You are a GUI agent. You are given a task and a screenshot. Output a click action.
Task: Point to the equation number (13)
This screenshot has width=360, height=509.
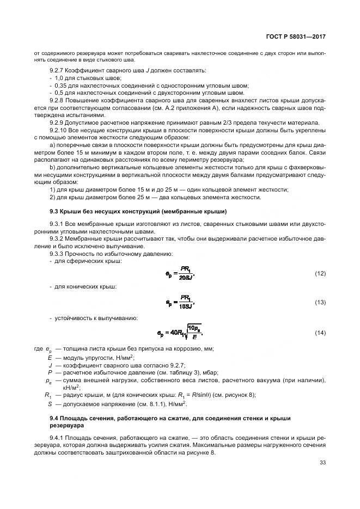[320, 302]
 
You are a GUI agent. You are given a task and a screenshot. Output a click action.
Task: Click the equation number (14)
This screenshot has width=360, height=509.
[320, 332]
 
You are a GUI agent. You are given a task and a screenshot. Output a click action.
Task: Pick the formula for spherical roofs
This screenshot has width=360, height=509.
[180, 273]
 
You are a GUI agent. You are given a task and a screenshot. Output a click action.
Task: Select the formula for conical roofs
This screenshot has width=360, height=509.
[180, 302]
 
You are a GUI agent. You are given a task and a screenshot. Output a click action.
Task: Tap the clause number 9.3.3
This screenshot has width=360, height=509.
[57, 254]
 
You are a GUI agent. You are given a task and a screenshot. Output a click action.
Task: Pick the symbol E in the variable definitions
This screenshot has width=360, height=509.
[50, 358]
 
